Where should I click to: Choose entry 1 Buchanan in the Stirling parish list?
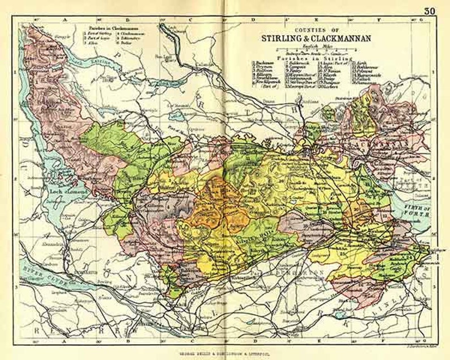click(264, 62)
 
